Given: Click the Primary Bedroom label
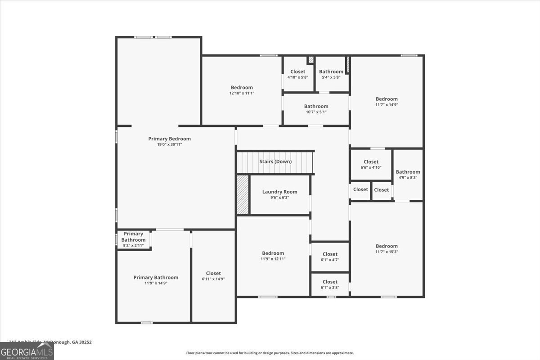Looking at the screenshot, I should pos(169,139).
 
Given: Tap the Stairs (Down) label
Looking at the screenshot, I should pos(275,162).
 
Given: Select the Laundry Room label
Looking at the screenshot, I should pos(279,192).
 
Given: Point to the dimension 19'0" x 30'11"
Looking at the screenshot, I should pos(169,144).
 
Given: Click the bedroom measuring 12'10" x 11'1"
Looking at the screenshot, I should pos(242,90).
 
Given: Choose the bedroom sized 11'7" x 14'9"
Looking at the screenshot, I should pos(387,101).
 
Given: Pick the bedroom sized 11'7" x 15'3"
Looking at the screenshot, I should pos(387,248).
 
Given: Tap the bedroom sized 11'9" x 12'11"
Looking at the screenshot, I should pos(273,256).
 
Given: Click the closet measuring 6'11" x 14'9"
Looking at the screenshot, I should pos(213,276).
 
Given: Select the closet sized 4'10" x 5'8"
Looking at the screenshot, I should pos(297,74).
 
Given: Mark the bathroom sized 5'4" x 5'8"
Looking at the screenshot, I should pos(331,74).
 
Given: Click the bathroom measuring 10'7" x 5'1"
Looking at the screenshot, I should pos(316,109).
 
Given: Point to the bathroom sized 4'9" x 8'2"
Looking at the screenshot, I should pos(408,174).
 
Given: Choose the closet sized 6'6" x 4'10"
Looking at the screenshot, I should pos(371,164).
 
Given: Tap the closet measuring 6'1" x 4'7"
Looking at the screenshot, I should pos(330,256).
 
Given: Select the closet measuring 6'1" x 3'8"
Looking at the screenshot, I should pos(330,284).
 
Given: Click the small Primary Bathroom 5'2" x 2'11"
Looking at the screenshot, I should pos(133,239).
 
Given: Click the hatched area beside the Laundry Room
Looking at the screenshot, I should pos(243,194).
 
